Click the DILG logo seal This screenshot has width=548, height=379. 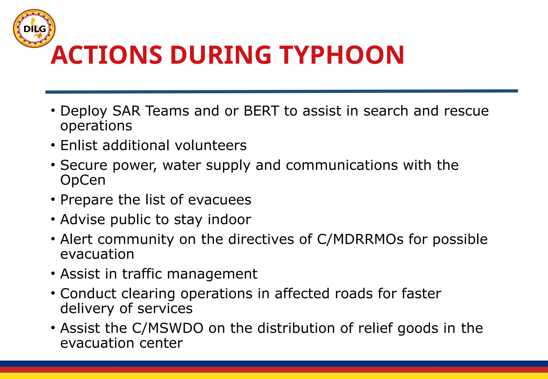click(x=34, y=28)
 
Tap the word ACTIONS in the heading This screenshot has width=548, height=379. click(x=106, y=55)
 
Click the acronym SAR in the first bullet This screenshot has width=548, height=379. click(x=126, y=111)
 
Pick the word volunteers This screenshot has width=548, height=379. click(x=211, y=146)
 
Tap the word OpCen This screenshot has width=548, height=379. click(x=83, y=180)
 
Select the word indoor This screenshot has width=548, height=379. click(x=229, y=220)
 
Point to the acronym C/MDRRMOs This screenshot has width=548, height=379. click(x=360, y=239)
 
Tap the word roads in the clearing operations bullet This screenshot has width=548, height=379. click(x=354, y=294)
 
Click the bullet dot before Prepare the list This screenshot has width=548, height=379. click(x=53, y=200)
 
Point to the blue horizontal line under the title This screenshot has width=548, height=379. click(x=281, y=91)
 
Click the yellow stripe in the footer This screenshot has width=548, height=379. click(x=274, y=376)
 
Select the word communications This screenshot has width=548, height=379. click(x=342, y=165)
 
